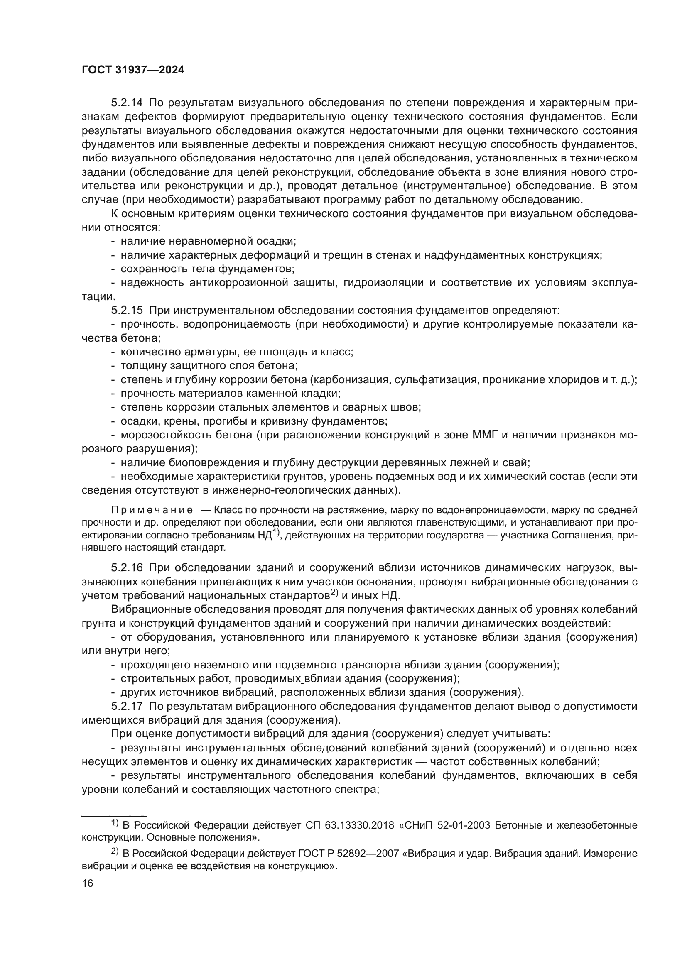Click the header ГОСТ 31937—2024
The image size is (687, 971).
pyautogui.click(x=133, y=70)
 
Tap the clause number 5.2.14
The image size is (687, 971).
pyautogui.click(x=127, y=103)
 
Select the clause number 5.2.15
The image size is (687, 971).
pyautogui.click(x=127, y=311)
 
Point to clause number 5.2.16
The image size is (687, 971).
pyautogui.click(x=127, y=567)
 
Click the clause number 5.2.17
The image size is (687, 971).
pyautogui.click(x=127, y=706)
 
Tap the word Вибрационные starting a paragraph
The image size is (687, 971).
pyautogui.click(x=147, y=609)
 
